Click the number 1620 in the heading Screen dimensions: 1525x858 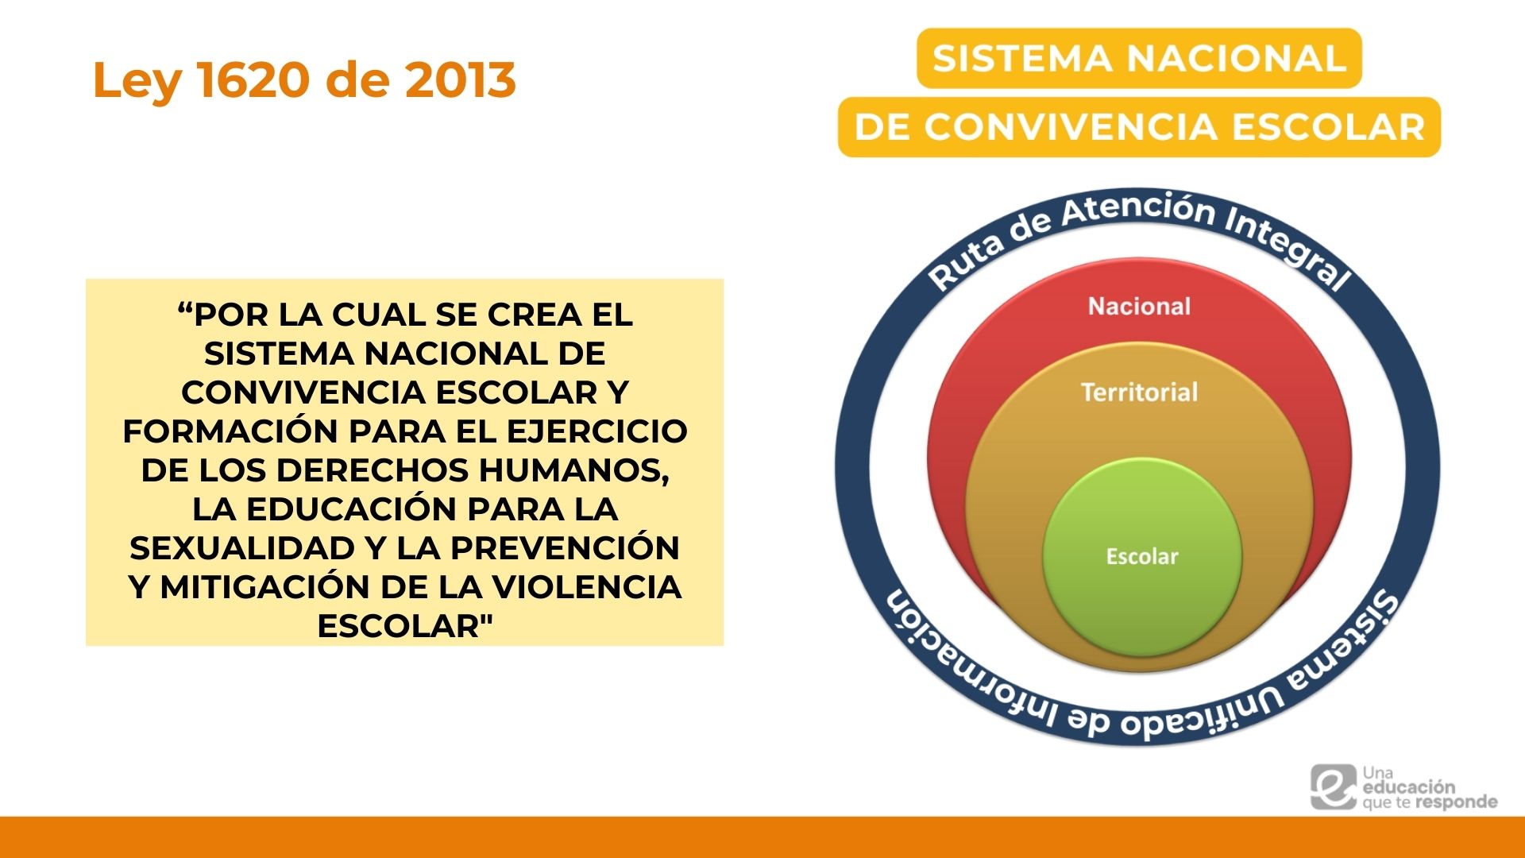254,80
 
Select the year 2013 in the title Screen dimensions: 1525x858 460,80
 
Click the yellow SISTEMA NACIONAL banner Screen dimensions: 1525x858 1139,59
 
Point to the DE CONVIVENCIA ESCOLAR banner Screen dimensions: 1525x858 1139,127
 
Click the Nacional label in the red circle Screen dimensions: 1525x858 1139,307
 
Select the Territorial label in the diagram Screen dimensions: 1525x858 1139,392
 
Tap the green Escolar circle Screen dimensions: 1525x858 1141,556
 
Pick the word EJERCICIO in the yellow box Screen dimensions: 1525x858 596,431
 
